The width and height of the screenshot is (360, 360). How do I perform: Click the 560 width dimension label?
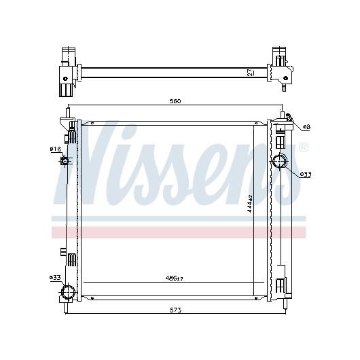tap(175, 101)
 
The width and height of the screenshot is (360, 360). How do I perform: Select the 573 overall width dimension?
tap(176, 310)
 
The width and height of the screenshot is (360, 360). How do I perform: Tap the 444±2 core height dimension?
tap(250, 203)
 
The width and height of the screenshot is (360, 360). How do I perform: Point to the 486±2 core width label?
tap(175, 278)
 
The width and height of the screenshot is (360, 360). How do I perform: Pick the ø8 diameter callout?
tap(306, 127)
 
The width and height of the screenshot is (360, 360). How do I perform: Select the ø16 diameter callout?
tap(55, 149)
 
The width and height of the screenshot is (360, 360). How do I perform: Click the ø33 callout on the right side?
tap(306, 175)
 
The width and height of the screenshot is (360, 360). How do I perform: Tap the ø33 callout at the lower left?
tap(55, 278)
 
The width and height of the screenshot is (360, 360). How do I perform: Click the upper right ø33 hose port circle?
tap(279, 161)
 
